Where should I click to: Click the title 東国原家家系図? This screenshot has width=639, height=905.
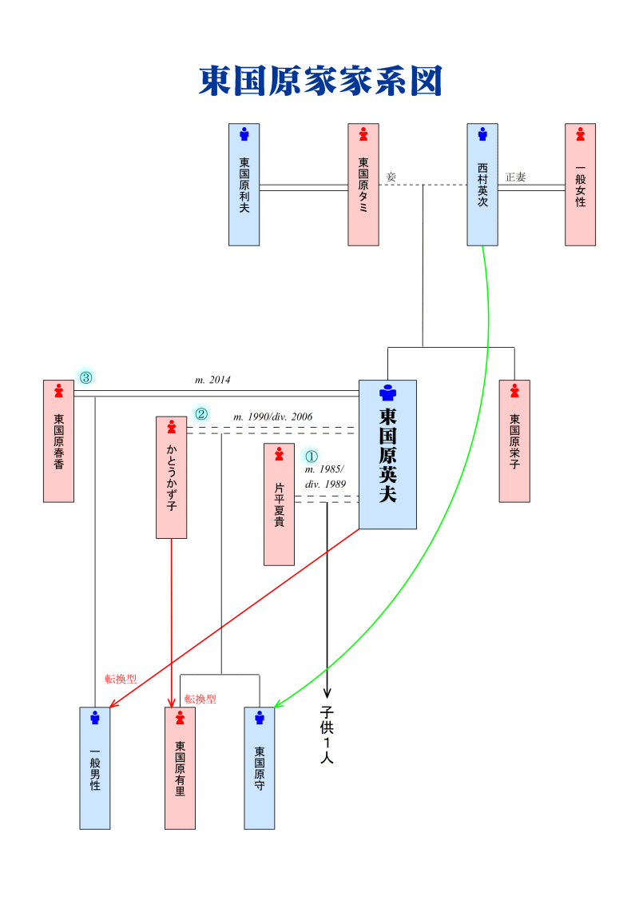(x=319, y=82)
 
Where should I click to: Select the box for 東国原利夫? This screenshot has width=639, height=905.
(x=244, y=185)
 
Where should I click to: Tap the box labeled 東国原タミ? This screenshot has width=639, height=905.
(x=363, y=185)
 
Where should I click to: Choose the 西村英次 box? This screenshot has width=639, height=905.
(x=482, y=185)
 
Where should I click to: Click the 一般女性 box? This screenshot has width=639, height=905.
(x=580, y=185)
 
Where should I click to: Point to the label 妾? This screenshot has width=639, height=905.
(x=391, y=177)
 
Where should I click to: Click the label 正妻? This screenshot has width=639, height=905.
(x=515, y=177)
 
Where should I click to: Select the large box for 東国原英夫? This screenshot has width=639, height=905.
(x=387, y=454)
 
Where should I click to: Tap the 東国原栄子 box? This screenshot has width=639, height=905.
(x=514, y=441)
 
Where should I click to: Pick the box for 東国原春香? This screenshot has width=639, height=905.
(x=58, y=441)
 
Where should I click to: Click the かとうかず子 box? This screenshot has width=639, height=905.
(x=171, y=477)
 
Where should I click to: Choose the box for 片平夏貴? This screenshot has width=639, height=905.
(x=279, y=504)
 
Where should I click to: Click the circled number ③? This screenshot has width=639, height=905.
(x=85, y=377)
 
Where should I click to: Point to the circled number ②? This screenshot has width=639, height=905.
(x=201, y=414)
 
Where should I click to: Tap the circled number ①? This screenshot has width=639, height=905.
(x=312, y=456)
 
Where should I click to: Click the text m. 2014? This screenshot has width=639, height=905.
(x=212, y=381)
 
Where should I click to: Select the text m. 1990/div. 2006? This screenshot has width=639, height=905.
(x=272, y=417)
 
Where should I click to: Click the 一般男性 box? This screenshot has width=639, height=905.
(x=95, y=768)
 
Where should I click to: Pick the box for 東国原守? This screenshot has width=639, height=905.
(x=260, y=768)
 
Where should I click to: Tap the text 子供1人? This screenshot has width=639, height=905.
(x=327, y=734)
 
